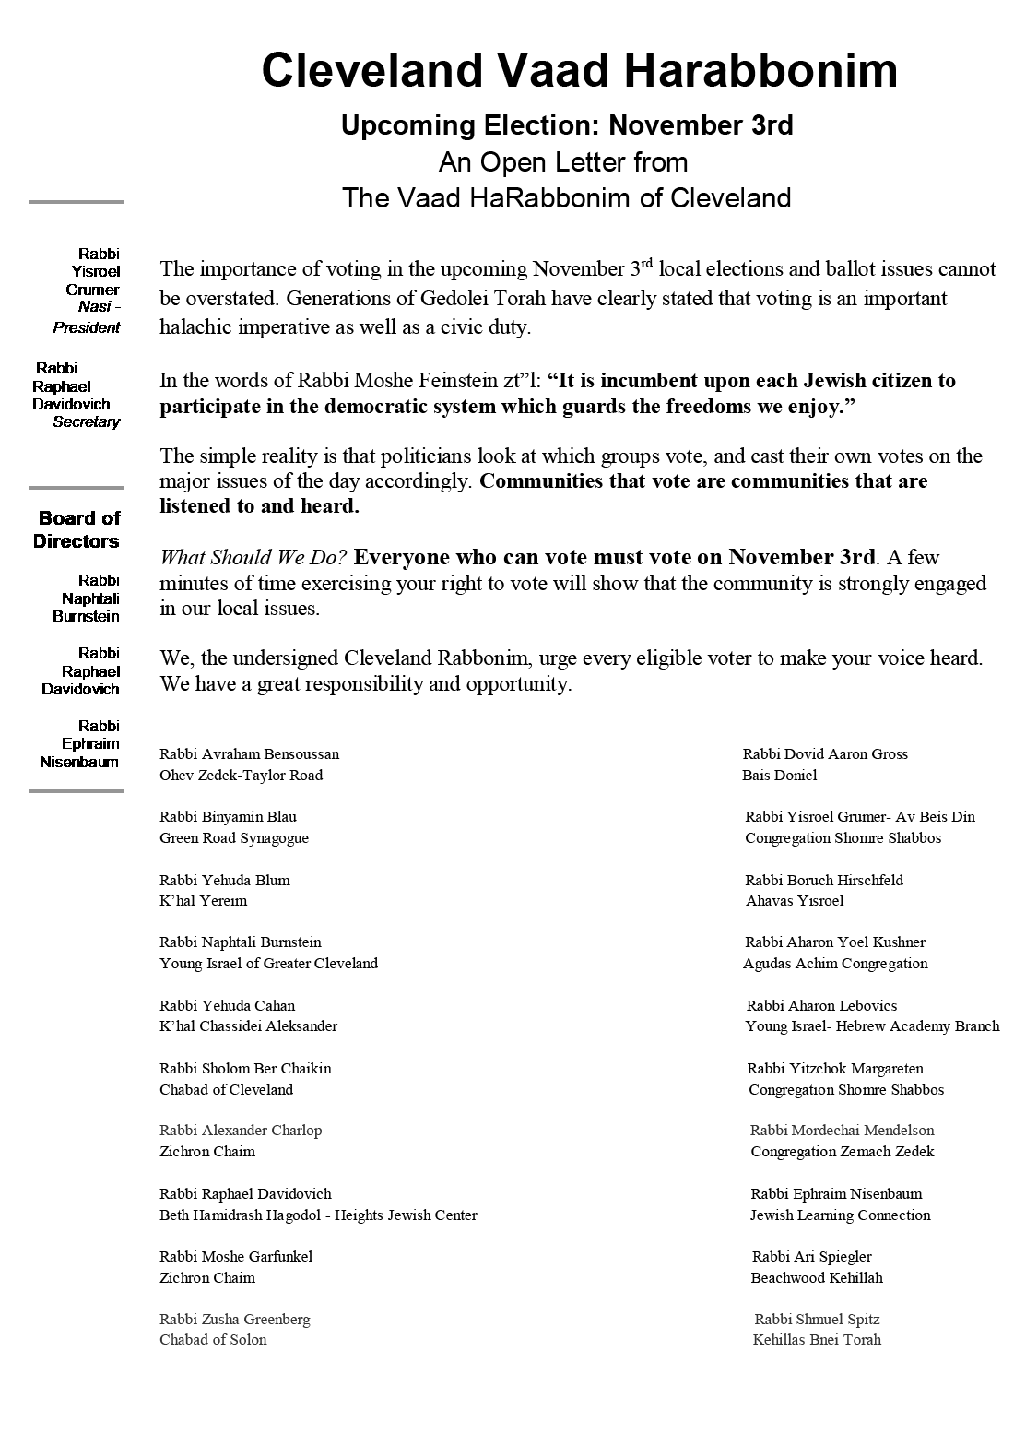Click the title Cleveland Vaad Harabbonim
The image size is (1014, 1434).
click(x=579, y=71)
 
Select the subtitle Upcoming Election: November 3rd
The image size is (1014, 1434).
click(x=566, y=124)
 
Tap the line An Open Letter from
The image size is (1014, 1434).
click(x=563, y=162)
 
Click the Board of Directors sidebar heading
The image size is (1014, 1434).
click(x=77, y=529)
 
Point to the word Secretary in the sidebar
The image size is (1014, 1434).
click(x=87, y=421)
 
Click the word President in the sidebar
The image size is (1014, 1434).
click(x=87, y=327)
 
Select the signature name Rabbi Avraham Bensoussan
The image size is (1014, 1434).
click(x=249, y=754)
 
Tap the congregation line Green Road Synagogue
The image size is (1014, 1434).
click(x=234, y=838)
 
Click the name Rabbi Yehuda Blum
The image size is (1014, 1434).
click(x=225, y=880)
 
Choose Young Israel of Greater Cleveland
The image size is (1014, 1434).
click(x=268, y=964)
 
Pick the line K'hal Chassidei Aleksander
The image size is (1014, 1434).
click(x=248, y=1026)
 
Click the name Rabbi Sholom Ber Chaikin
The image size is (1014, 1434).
click(x=245, y=1069)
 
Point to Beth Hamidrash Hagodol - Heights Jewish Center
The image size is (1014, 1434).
click(x=318, y=1215)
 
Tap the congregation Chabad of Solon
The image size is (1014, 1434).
click(x=213, y=1340)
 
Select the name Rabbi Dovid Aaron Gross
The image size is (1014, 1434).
click(x=825, y=754)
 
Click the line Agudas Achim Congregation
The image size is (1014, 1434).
click(x=835, y=964)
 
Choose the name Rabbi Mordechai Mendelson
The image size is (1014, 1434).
click(x=842, y=1131)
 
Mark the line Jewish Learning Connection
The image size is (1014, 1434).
click(x=840, y=1215)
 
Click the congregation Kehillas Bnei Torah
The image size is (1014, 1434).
click(x=817, y=1340)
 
